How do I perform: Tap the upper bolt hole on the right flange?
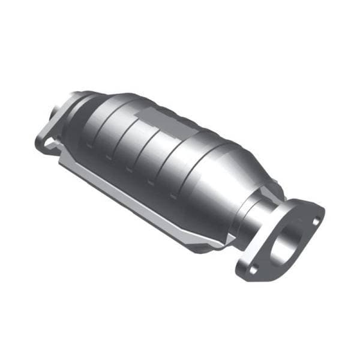pos(315,220)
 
